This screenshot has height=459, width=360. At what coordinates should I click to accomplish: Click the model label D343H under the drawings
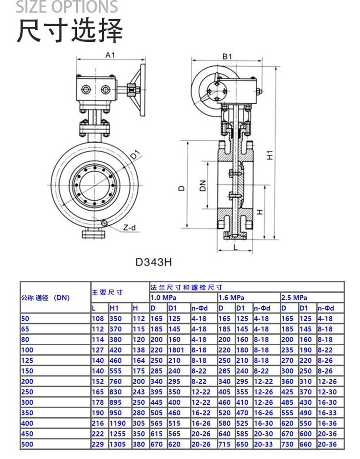click(x=153, y=262)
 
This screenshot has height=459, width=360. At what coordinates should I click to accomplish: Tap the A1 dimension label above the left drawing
click(x=110, y=55)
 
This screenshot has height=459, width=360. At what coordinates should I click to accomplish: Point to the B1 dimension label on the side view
click(x=227, y=56)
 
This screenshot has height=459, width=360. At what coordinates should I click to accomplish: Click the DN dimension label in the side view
click(x=203, y=185)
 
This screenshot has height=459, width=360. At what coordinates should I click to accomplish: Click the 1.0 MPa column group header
click(x=163, y=298)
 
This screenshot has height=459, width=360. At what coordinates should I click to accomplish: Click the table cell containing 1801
click(x=176, y=350)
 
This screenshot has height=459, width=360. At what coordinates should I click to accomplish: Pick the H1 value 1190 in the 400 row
click(x=118, y=423)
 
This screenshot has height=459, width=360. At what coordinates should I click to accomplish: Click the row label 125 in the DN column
click(x=26, y=361)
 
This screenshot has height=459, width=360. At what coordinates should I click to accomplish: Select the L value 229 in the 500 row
click(x=97, y=444)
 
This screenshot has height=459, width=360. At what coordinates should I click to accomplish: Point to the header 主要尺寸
click(x=108, y=292)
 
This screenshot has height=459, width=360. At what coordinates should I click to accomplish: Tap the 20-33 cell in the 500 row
click(x=263, y=444)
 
